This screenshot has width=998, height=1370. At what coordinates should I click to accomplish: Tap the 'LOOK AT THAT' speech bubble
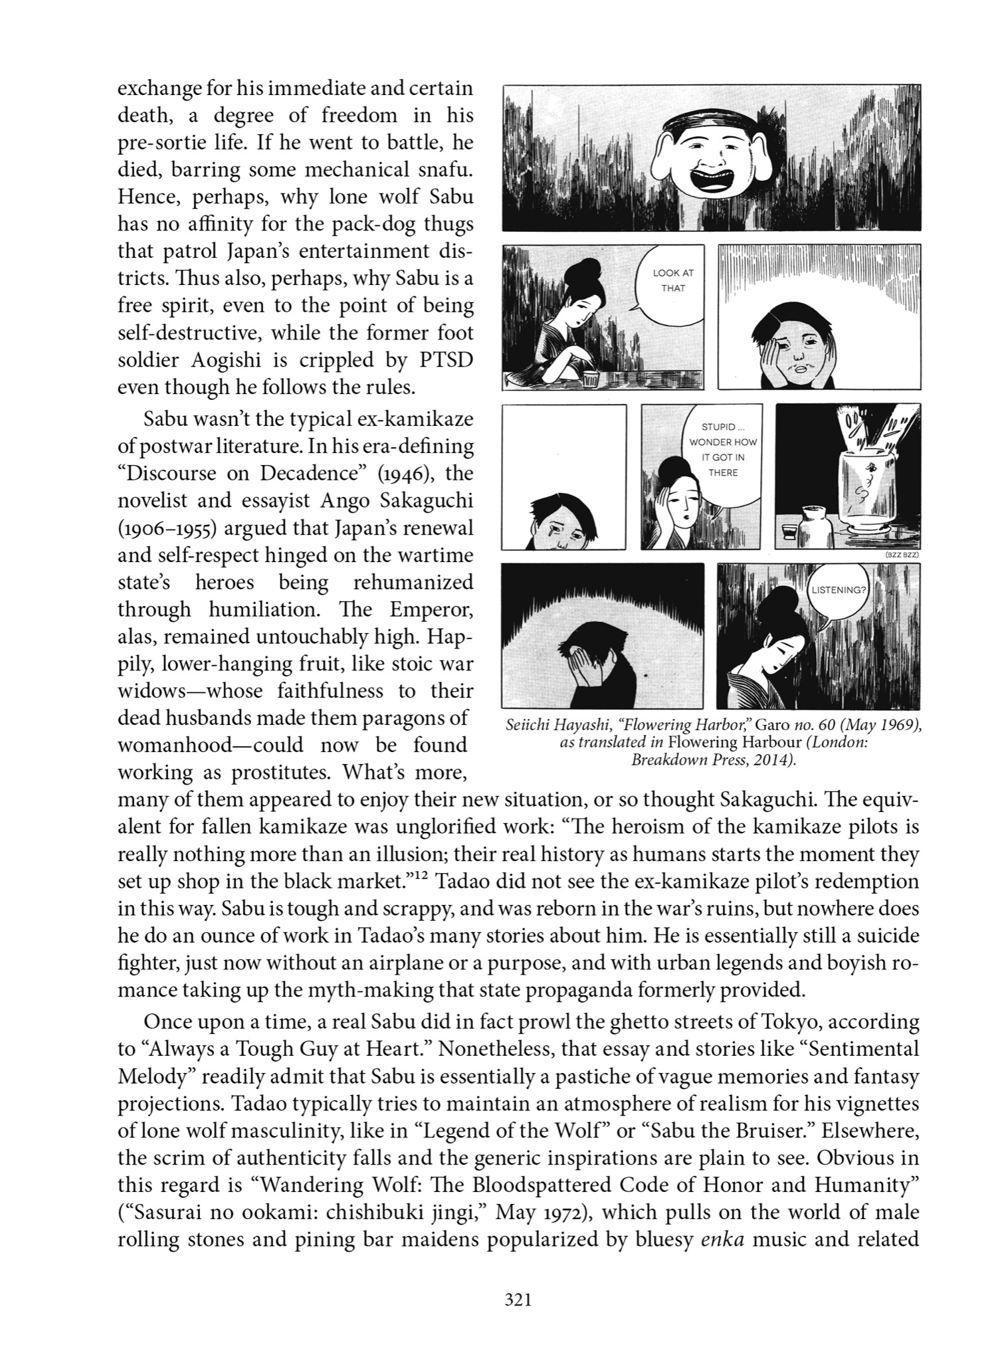point(672,281)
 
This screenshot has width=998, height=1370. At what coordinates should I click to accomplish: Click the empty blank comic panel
point(563,476)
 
